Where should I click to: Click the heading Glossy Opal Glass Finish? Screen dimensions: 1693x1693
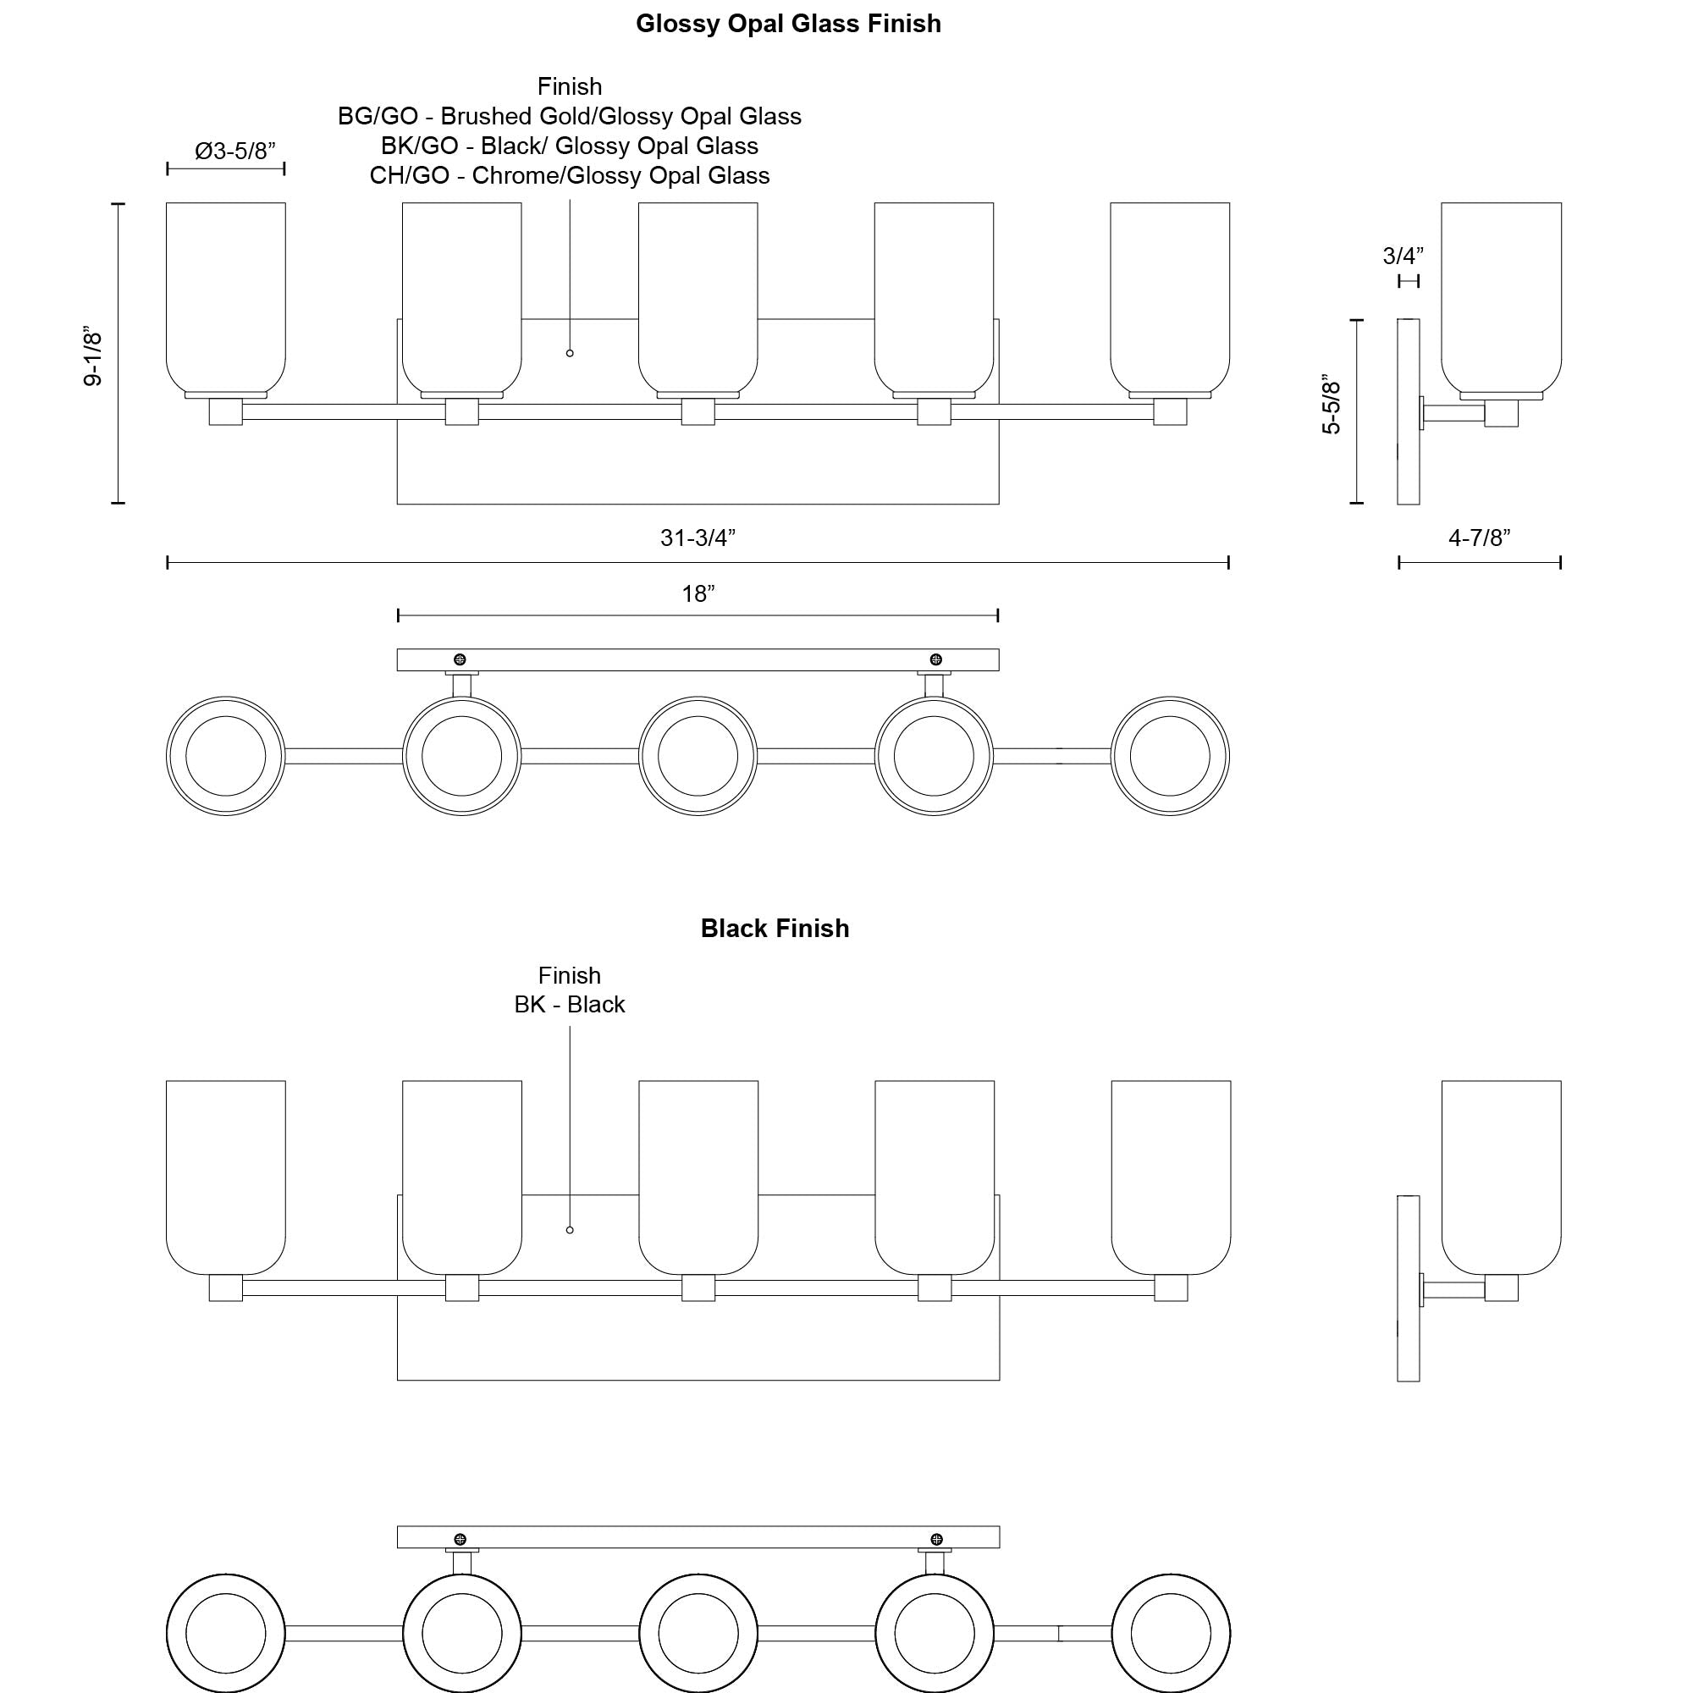coord(788,24)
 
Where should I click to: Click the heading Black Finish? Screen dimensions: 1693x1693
coord(775,928)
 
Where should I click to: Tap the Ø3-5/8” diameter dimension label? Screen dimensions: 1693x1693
coord(234,151)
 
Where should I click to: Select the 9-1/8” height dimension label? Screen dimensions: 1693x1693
coord(93,358)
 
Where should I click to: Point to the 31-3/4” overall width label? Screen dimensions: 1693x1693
coord(698,538)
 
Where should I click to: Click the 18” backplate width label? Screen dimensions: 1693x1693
coord(698,593)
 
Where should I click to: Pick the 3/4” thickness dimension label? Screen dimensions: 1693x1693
coord(1402,256)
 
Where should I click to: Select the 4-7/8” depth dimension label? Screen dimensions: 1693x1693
coord(1479,538)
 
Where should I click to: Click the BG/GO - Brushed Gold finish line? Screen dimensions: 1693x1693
coord(570,117)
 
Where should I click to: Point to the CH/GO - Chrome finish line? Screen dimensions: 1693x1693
coord(570,175)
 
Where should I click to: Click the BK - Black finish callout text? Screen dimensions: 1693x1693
coord(570,1004)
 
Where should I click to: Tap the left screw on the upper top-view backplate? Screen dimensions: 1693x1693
coord(459,659)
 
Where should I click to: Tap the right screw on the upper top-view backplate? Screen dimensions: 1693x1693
coord(936,659)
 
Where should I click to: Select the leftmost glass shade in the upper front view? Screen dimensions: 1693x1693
coord(226,298)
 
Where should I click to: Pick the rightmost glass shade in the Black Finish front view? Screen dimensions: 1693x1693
coord(1171,1176)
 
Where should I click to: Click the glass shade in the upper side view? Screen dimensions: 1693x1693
coord(1501,298)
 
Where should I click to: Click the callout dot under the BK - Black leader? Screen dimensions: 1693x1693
coord(570,1230)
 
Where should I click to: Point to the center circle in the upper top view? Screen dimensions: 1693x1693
coord(698,755)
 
